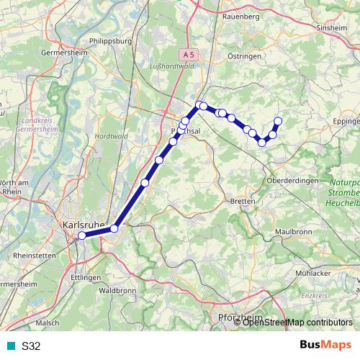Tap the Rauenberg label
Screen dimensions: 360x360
[241, 15]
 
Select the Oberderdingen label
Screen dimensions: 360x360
[292, 181]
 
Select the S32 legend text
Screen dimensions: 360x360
[31, 346]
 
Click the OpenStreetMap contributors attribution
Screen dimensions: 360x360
[297, 322]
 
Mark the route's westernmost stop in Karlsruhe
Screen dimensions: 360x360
[82, 235]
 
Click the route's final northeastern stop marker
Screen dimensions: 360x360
[278, 121]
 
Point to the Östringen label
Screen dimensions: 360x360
[240, 55]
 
